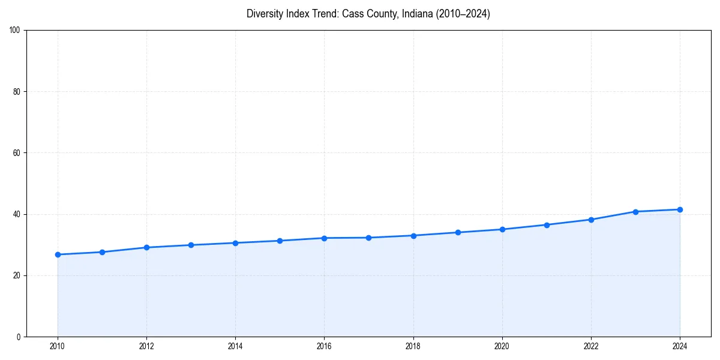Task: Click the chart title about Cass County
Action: pyautogui.click(x=368, y=14)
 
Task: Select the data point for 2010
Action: pyautogui.click(x=58, y=254)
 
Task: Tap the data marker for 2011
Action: pyautogui.click(x=102, y=252)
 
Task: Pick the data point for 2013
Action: pyautogui.click(x=191, y=245)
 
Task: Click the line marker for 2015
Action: pyautogui.click(x=280, y=241)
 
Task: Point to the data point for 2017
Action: pyautogui.click(x=368, y=238)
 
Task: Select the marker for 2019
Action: pyautogui.click(x=458, y=232)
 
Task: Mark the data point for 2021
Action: pyautogui.click(x=547, y=225)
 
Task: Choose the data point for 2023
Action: pyautogui.click(x=635, y=212)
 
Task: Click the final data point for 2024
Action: pyautogui.click(x=680, y=209)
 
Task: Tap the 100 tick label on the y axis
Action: pyautogui.click(x=15, y=31)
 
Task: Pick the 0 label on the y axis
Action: pyautogui.click(x=19, y=337)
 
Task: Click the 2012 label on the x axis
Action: pyautogui.click(x=146, y=346)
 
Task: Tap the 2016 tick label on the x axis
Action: pyautogui.click(x=324, y=346)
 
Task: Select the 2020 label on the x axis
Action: pyautogui.click(x=502, y=346)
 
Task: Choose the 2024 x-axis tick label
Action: pyautogui.click(x=680, y=346)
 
